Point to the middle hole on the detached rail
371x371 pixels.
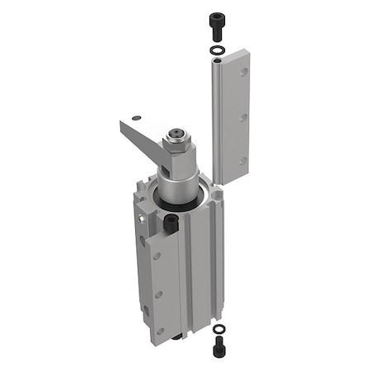(x=243, y=117)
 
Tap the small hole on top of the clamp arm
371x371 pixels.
(x=138, y=117)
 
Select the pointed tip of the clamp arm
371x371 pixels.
(x=120, y=124)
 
